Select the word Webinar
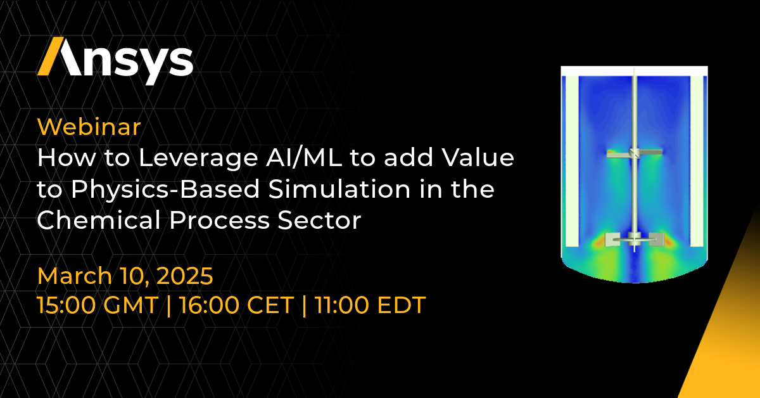click(x=89, y=127)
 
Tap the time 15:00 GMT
click(x=97, y=305)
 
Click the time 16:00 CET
click(x=236, y=305)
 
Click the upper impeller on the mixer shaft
click(x=634, y=153)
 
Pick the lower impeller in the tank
click(x=634, y=240)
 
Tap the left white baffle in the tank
click(x=572, y=161)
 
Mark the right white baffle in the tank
click(x=697, y=161)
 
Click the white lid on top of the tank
click(x=634, y=71)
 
